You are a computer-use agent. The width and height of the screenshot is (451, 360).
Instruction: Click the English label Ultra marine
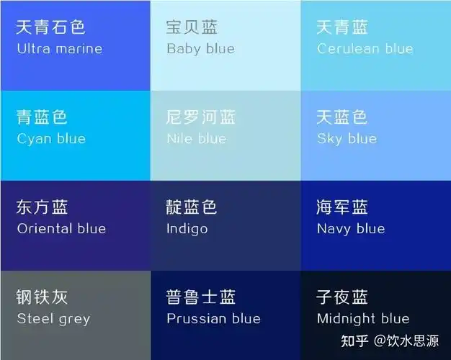(x=59, y=49)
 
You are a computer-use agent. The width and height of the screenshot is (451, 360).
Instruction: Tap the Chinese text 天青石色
(x=50, y=27)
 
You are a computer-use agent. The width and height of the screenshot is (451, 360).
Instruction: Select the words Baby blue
(x=200, y=49)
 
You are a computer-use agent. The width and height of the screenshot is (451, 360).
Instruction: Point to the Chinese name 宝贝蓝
(x=192, y=27)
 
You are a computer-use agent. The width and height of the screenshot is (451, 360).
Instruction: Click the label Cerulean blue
(x=365, y=49)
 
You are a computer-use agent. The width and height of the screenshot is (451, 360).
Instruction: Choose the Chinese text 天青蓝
(x=342, y=27)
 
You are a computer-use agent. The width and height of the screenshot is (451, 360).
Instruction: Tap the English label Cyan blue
(x=50, y=139)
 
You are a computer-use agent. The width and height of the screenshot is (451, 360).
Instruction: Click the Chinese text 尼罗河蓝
(x=200, y=117)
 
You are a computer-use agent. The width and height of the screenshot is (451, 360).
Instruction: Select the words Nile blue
(x=196, y=139)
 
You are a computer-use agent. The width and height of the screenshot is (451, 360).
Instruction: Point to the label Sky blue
(x=347, y=139)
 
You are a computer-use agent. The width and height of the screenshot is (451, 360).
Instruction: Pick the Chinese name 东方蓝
(x=42, y=207)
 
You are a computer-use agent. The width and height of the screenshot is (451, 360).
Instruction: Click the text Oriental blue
(x=61, y=229)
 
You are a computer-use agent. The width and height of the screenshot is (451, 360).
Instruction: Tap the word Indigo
(x=187, y=229)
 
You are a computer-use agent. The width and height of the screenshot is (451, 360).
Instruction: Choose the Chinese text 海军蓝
(x=342, y=207)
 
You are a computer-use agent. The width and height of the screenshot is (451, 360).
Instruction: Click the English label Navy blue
(x=351, y=229)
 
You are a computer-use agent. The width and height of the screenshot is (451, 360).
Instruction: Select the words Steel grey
(x=53, y=318)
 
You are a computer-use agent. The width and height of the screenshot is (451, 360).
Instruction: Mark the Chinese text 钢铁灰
(x=42, y=297)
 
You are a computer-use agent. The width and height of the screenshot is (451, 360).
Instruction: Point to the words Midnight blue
(x=362, y=318)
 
